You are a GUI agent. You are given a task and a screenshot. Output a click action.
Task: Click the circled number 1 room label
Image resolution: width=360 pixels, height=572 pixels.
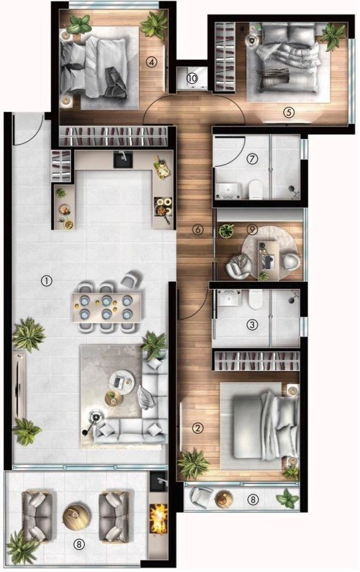pos(47,281)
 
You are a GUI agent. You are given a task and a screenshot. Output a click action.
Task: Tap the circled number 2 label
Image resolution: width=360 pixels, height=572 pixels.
pos(198,428)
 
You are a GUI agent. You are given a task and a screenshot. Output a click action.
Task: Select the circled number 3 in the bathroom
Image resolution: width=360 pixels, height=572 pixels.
pos(252,324)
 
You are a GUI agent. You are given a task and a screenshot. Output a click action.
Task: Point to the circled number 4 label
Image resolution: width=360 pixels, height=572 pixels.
pos(151,62)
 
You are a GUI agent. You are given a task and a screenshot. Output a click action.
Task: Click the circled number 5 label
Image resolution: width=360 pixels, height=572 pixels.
pos(288,112)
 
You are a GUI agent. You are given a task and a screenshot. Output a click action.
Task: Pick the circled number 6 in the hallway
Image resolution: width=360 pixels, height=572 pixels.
pos(198,230)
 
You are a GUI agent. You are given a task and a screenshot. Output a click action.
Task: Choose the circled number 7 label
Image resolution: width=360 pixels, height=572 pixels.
pos(252,158)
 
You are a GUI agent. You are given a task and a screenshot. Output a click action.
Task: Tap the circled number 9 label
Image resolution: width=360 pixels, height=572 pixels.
pos(252,230)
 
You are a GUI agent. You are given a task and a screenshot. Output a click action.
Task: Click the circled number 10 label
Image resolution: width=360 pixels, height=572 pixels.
pos(192,78)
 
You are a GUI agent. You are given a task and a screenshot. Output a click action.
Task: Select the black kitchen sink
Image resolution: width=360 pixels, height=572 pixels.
pos(123,159)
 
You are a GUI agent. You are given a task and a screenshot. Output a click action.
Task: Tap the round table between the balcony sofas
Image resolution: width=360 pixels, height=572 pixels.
pos(76,515)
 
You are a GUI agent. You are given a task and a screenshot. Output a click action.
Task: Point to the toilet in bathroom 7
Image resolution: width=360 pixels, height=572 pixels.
pos(255,189)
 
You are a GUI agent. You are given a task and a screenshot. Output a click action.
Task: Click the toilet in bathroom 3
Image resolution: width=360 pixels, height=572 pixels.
pos(255,299)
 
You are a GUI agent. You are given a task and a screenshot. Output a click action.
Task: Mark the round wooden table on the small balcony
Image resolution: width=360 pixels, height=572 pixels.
pos(224,498)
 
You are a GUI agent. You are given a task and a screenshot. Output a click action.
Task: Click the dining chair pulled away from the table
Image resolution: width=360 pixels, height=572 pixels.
pos(130,279)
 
